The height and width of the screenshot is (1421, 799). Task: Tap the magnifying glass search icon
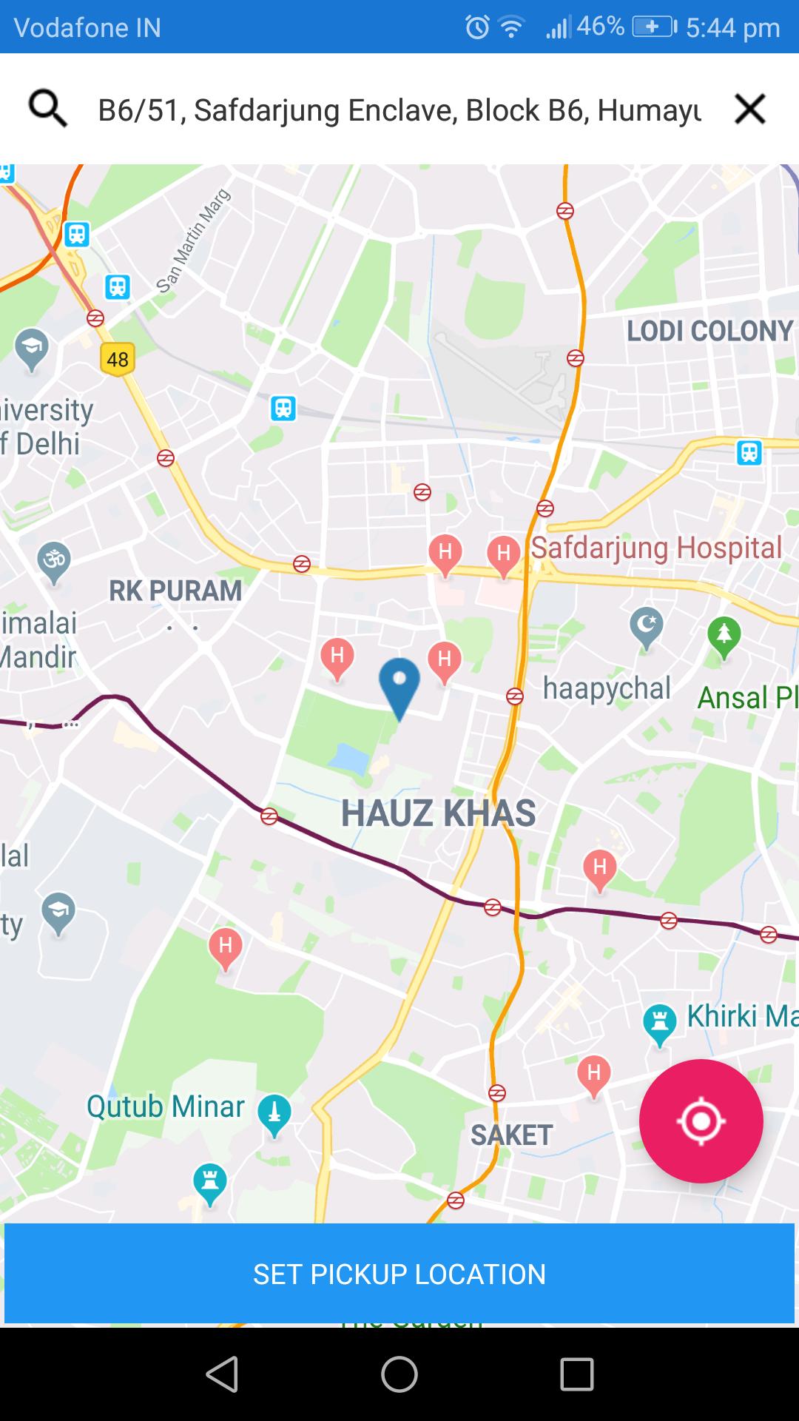(x=47, y=110)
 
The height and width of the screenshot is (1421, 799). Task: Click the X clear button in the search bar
(x=749, y=110)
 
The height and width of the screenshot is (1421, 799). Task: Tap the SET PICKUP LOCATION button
(x=399, y=1274)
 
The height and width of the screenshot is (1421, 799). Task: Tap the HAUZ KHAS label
(x=438, y=813)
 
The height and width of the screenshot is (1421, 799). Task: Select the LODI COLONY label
(x=709, y=331)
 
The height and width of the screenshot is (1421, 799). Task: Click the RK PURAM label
(x=175, y=591)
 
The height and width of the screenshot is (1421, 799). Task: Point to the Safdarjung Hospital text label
(x=656, y=548)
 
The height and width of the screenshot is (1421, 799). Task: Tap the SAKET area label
(x=511, y=1135)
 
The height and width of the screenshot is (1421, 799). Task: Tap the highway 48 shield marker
(x=118, y=360)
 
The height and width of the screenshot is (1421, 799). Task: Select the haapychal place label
(x=607, y=688)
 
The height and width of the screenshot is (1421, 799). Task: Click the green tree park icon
(x=724, y=636)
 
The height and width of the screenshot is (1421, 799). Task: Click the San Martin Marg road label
(x=194, y=241)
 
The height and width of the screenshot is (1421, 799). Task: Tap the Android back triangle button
(x=222, y=1375)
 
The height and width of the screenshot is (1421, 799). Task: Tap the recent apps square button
(x=577, y=1375)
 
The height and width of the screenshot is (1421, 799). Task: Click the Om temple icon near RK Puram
(x=54, y=561)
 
